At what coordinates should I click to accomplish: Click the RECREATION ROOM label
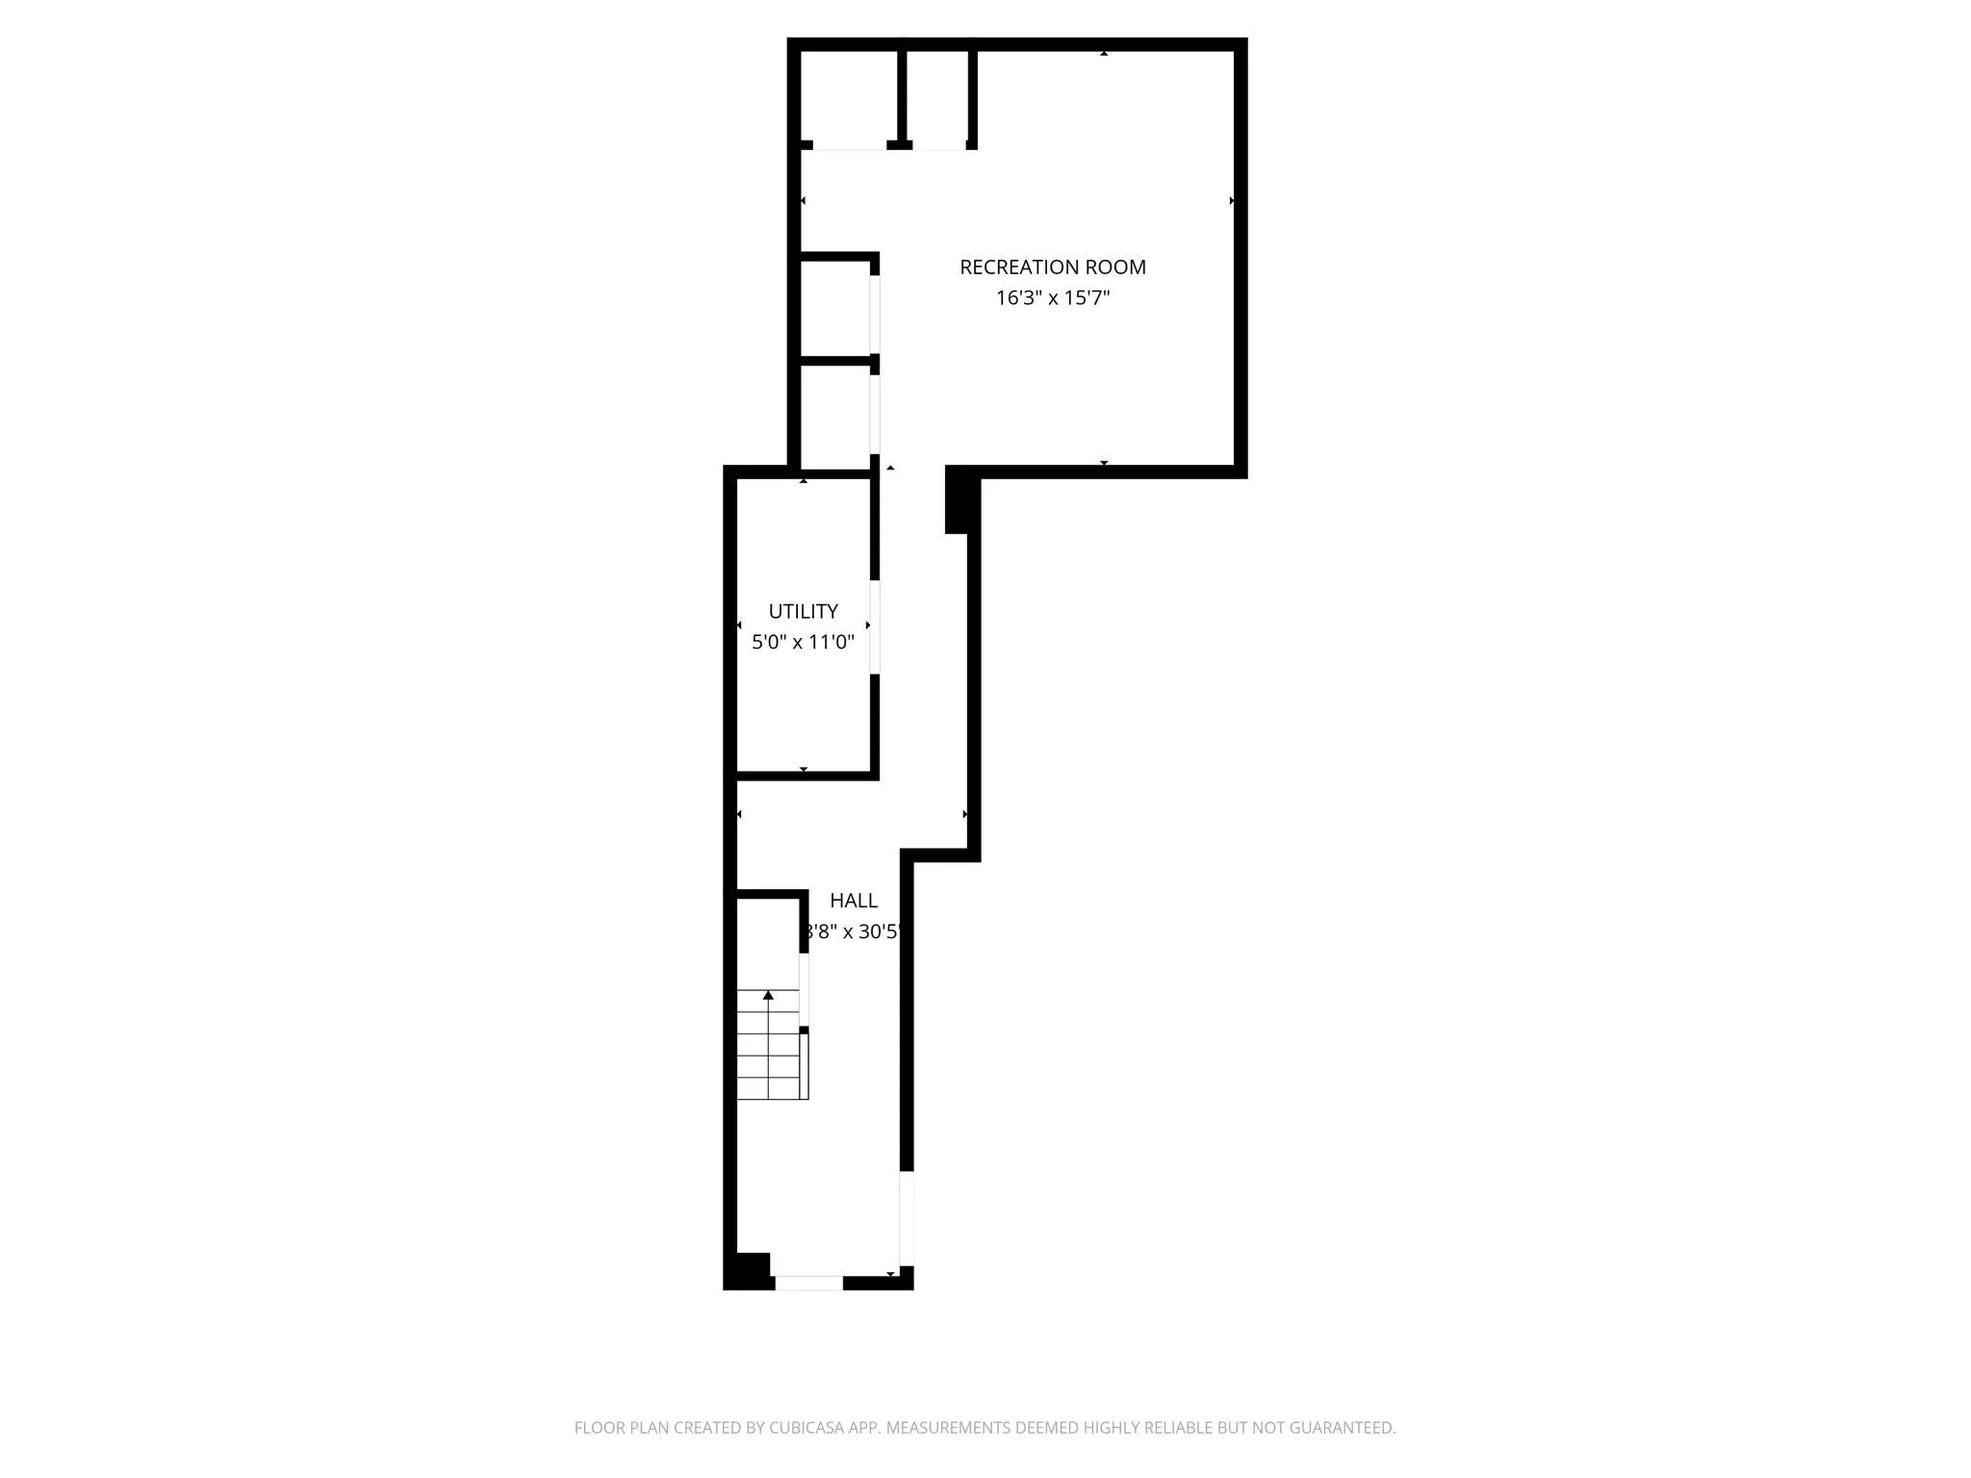pyautogui.click(x=1052, y=268)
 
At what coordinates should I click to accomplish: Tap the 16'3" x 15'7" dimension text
pyautogui.click(x=1052, y=298)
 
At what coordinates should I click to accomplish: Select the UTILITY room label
pyautogui.click(x=803, y=611)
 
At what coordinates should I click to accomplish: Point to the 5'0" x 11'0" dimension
pyautogui.click(x=803, y=642)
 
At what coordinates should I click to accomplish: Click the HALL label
pyautogui.click(x=854, y=901)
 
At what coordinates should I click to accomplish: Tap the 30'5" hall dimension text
pyautogui.click(x=855, y=931)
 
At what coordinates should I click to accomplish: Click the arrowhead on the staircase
pyautogui.click(x=768, y=995)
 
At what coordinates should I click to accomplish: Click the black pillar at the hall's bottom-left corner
pyautogui.click(x=748, y=1270)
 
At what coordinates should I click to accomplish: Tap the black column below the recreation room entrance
pyautogui.click(x=958, y=500)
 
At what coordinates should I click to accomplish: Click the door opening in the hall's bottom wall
pyautogui.click(x=808, y=1283)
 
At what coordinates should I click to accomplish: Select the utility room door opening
pyautogui.click(x=875, y=626)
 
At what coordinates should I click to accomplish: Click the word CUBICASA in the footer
pyautogui.click(x=806, y=1428)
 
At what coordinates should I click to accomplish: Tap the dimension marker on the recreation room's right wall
pyautogui.click(x=1232, y=201)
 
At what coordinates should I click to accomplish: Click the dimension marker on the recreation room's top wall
pyautogui.click(x=1104, y=54)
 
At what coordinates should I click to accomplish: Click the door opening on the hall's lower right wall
pyautogui.click(x=907, y=1218)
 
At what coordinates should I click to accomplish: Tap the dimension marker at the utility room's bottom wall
pyautogui.click(x=804, y=769)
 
